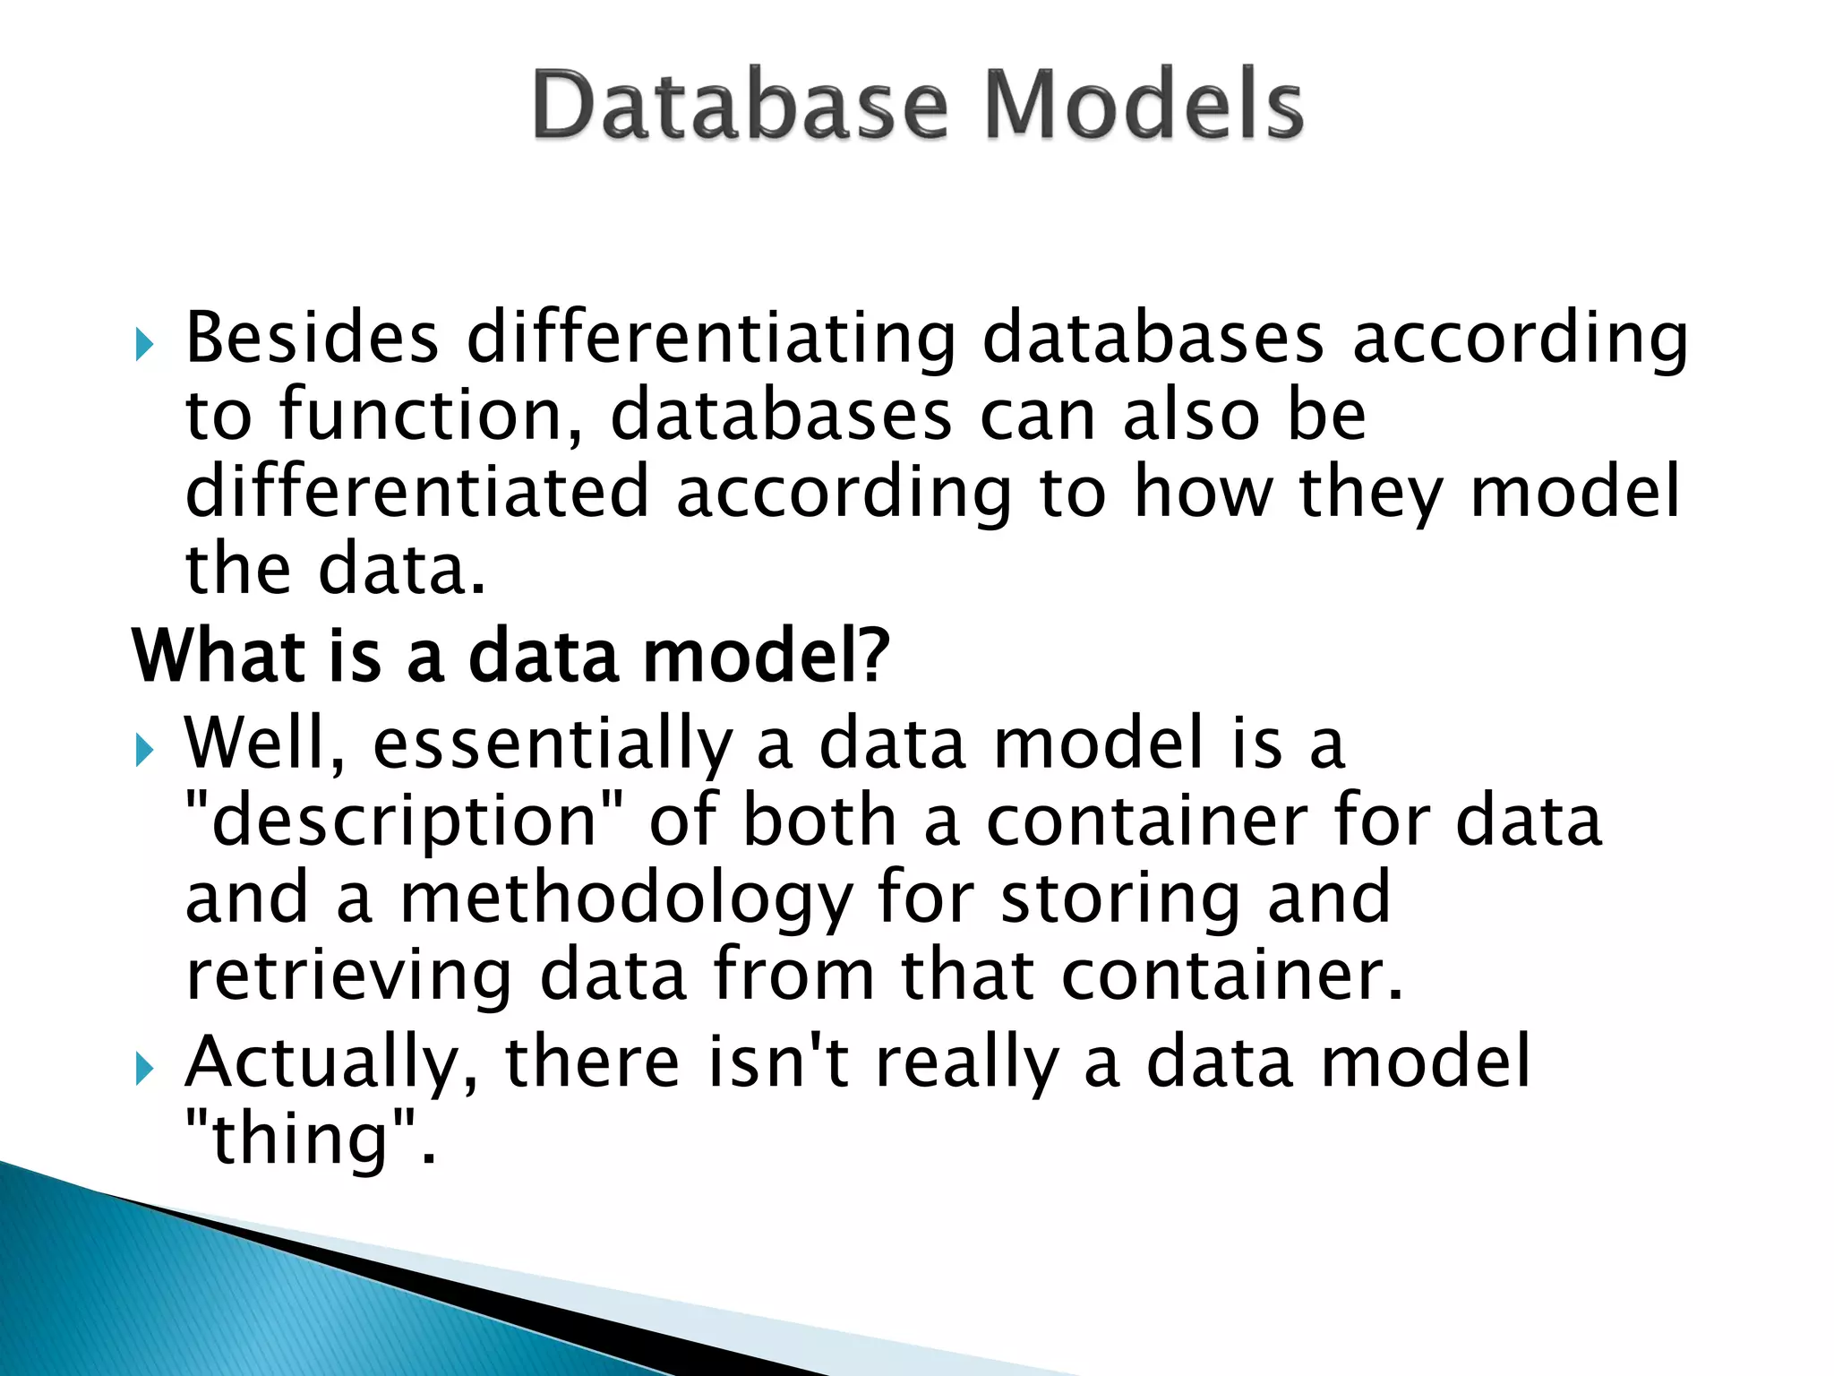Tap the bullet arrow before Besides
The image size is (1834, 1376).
point(145,344)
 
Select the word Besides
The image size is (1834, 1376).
point(312,339)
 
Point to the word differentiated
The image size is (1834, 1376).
point(416,493)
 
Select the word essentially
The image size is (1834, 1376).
point(553,745)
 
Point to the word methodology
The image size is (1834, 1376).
point(625,899)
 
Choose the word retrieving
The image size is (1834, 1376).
point(349,976)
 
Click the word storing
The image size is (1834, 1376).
point(1119,899)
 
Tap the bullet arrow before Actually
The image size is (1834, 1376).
point(145,1068)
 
